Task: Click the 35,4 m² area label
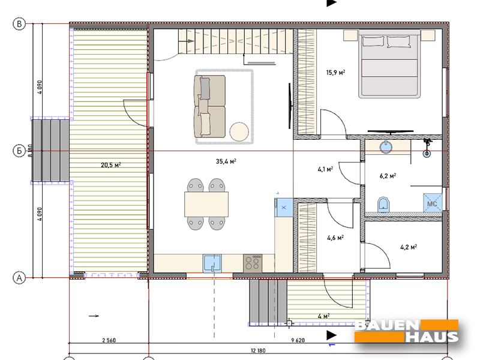point(226,161)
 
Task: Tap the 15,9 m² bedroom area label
point(335,73)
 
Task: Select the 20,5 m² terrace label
point(111,165)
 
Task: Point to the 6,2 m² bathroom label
point(388,176)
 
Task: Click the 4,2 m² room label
point(409,247)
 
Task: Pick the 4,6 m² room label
point(335,238)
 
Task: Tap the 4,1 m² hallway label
point(325,169)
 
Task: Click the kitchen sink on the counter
point(212,263)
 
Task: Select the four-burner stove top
point(253,263)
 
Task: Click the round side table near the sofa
point(239,131)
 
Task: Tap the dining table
point(206,204)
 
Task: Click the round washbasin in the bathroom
point(386,147)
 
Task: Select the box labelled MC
point(433,203)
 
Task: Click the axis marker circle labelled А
point(19,278)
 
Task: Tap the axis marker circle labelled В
point(19,24)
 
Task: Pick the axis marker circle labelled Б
point(19,151)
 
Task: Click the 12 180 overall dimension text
point(258,350)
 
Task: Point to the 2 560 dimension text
point(109,340)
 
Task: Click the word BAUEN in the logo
point(387,325)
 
